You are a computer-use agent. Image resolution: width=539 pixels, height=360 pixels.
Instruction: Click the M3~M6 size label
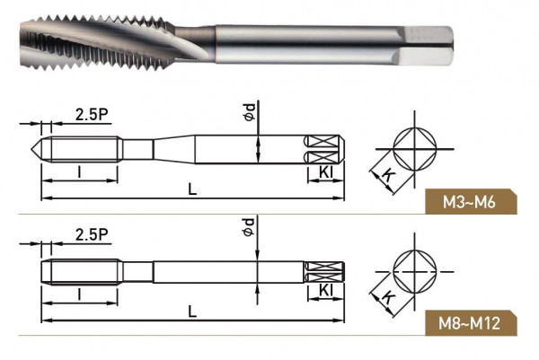click(469, 202)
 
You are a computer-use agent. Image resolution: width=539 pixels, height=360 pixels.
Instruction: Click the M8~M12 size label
click(469, 323)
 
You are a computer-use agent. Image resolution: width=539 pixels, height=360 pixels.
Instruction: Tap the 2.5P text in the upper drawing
click(92, 114)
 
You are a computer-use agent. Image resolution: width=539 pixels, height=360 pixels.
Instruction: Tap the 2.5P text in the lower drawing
click(92, 235)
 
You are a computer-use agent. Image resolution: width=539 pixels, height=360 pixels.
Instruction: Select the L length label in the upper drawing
click(192, 189)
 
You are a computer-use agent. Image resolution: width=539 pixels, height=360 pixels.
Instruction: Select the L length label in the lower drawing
click(192, 312)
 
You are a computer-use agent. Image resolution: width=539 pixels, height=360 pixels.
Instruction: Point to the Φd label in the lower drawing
click(249, 227)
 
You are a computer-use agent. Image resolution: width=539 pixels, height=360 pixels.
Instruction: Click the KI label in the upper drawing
click(326, 172)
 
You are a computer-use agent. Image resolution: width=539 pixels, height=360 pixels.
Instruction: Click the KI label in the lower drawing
click(326, 291)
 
